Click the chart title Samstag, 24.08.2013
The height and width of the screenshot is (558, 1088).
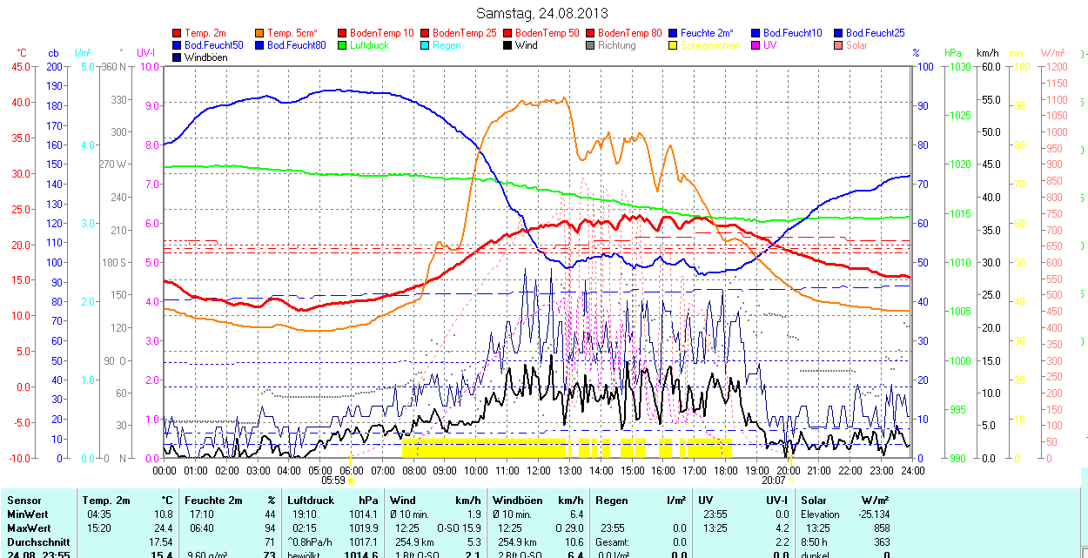(542, 13)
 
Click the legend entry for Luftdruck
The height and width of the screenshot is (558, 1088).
(369, 45)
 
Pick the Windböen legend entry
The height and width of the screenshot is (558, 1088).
(205, 57)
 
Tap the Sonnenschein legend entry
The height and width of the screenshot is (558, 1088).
(710, 45)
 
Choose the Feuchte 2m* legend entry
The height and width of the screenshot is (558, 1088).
(707, 33)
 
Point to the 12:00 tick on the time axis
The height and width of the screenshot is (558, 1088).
(539, 470)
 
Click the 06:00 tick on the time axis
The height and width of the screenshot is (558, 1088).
(352, 470)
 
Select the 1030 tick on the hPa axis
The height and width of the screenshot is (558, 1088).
(959, 66)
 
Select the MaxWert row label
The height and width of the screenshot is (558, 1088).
(29, 528)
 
